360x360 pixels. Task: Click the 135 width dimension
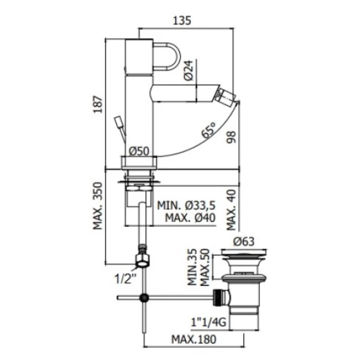tap(182, 20)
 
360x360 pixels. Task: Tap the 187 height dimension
tap(98, 105)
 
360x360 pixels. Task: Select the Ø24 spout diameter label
tap(189, 70)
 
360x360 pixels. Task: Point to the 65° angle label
tap(209, 130)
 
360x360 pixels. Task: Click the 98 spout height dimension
tap(231, 137)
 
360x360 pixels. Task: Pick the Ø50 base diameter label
tap(139, 151)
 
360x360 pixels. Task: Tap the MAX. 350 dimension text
tap(98, 205)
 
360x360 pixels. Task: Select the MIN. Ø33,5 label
tap(186, 205)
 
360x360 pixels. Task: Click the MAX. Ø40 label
tap(190, 217)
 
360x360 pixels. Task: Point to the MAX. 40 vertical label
tap(231, 210)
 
